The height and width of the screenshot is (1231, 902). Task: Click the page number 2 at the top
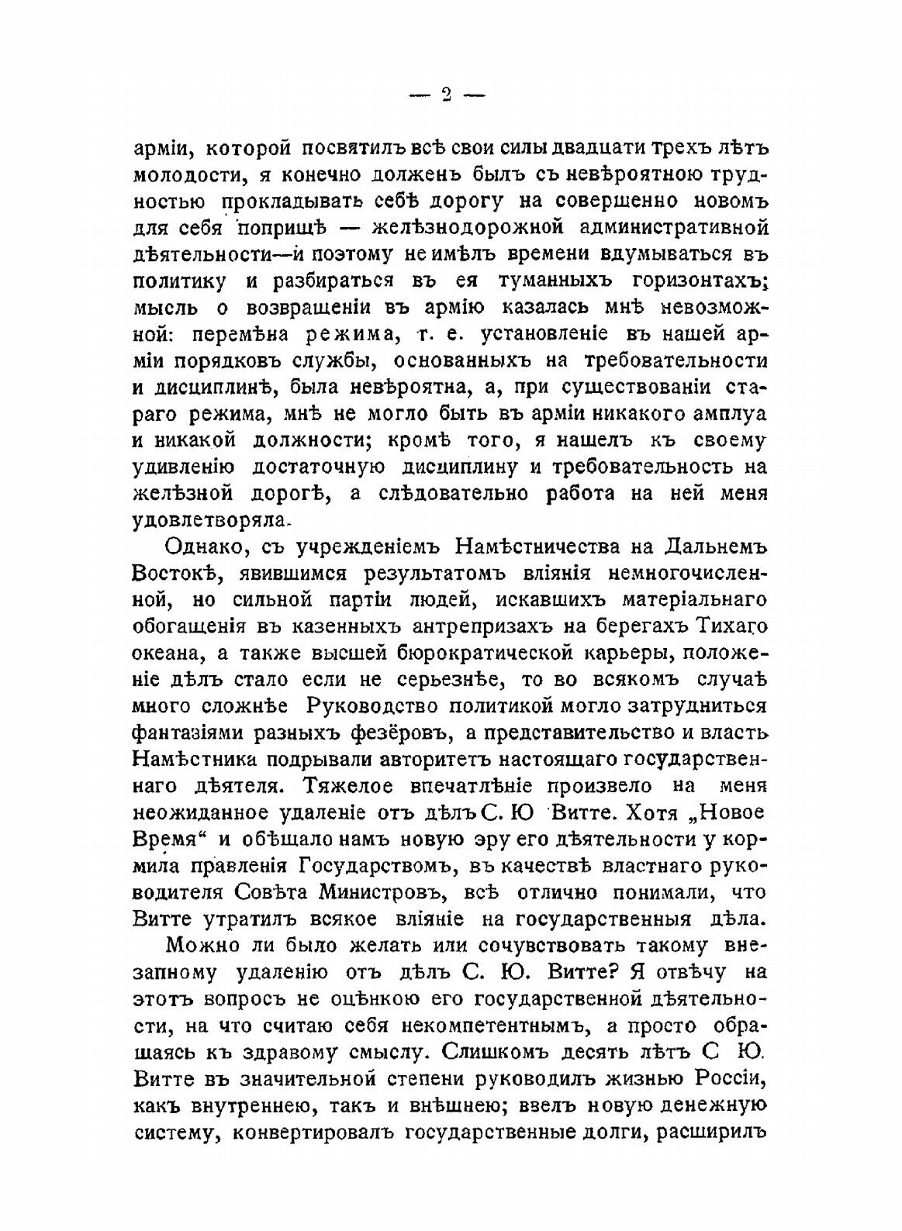446,95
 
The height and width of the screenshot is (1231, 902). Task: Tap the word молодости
178,174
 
